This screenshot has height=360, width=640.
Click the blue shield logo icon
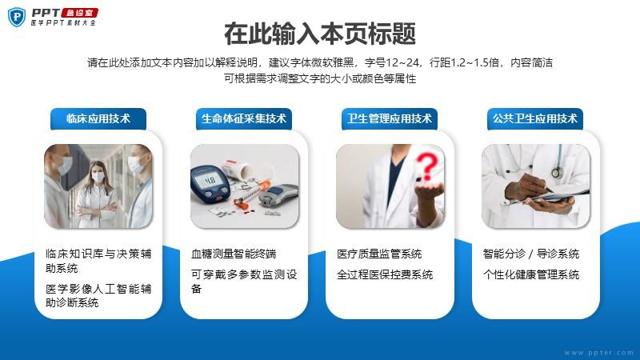tap(17, 17)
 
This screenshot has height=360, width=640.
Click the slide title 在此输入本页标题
tap(320, 34)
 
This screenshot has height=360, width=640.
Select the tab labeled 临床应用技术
tap(98, 118)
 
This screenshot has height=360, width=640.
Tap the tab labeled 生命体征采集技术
tap(244, 118)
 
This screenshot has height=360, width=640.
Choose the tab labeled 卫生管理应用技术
tap(390, 118)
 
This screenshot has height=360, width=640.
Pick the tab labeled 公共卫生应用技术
tap(535, 118)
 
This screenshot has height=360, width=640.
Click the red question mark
tap(427, 166)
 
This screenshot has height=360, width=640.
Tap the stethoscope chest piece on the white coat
tap(557, 172)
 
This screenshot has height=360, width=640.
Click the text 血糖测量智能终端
tap(234, 254)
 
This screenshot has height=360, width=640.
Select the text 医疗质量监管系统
tap(379, 254)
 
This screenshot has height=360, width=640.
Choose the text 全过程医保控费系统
tap(385, 274)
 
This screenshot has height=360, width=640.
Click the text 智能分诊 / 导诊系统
tap(531, 254)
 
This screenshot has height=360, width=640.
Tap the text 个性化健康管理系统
tap(531, 274)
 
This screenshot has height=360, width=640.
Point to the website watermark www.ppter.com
tap(598, 353)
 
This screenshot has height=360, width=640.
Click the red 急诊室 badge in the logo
tap(79, 13)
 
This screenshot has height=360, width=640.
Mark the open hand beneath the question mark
tap(428, 189)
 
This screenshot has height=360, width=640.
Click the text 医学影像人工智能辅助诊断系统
tap(98, 295)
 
